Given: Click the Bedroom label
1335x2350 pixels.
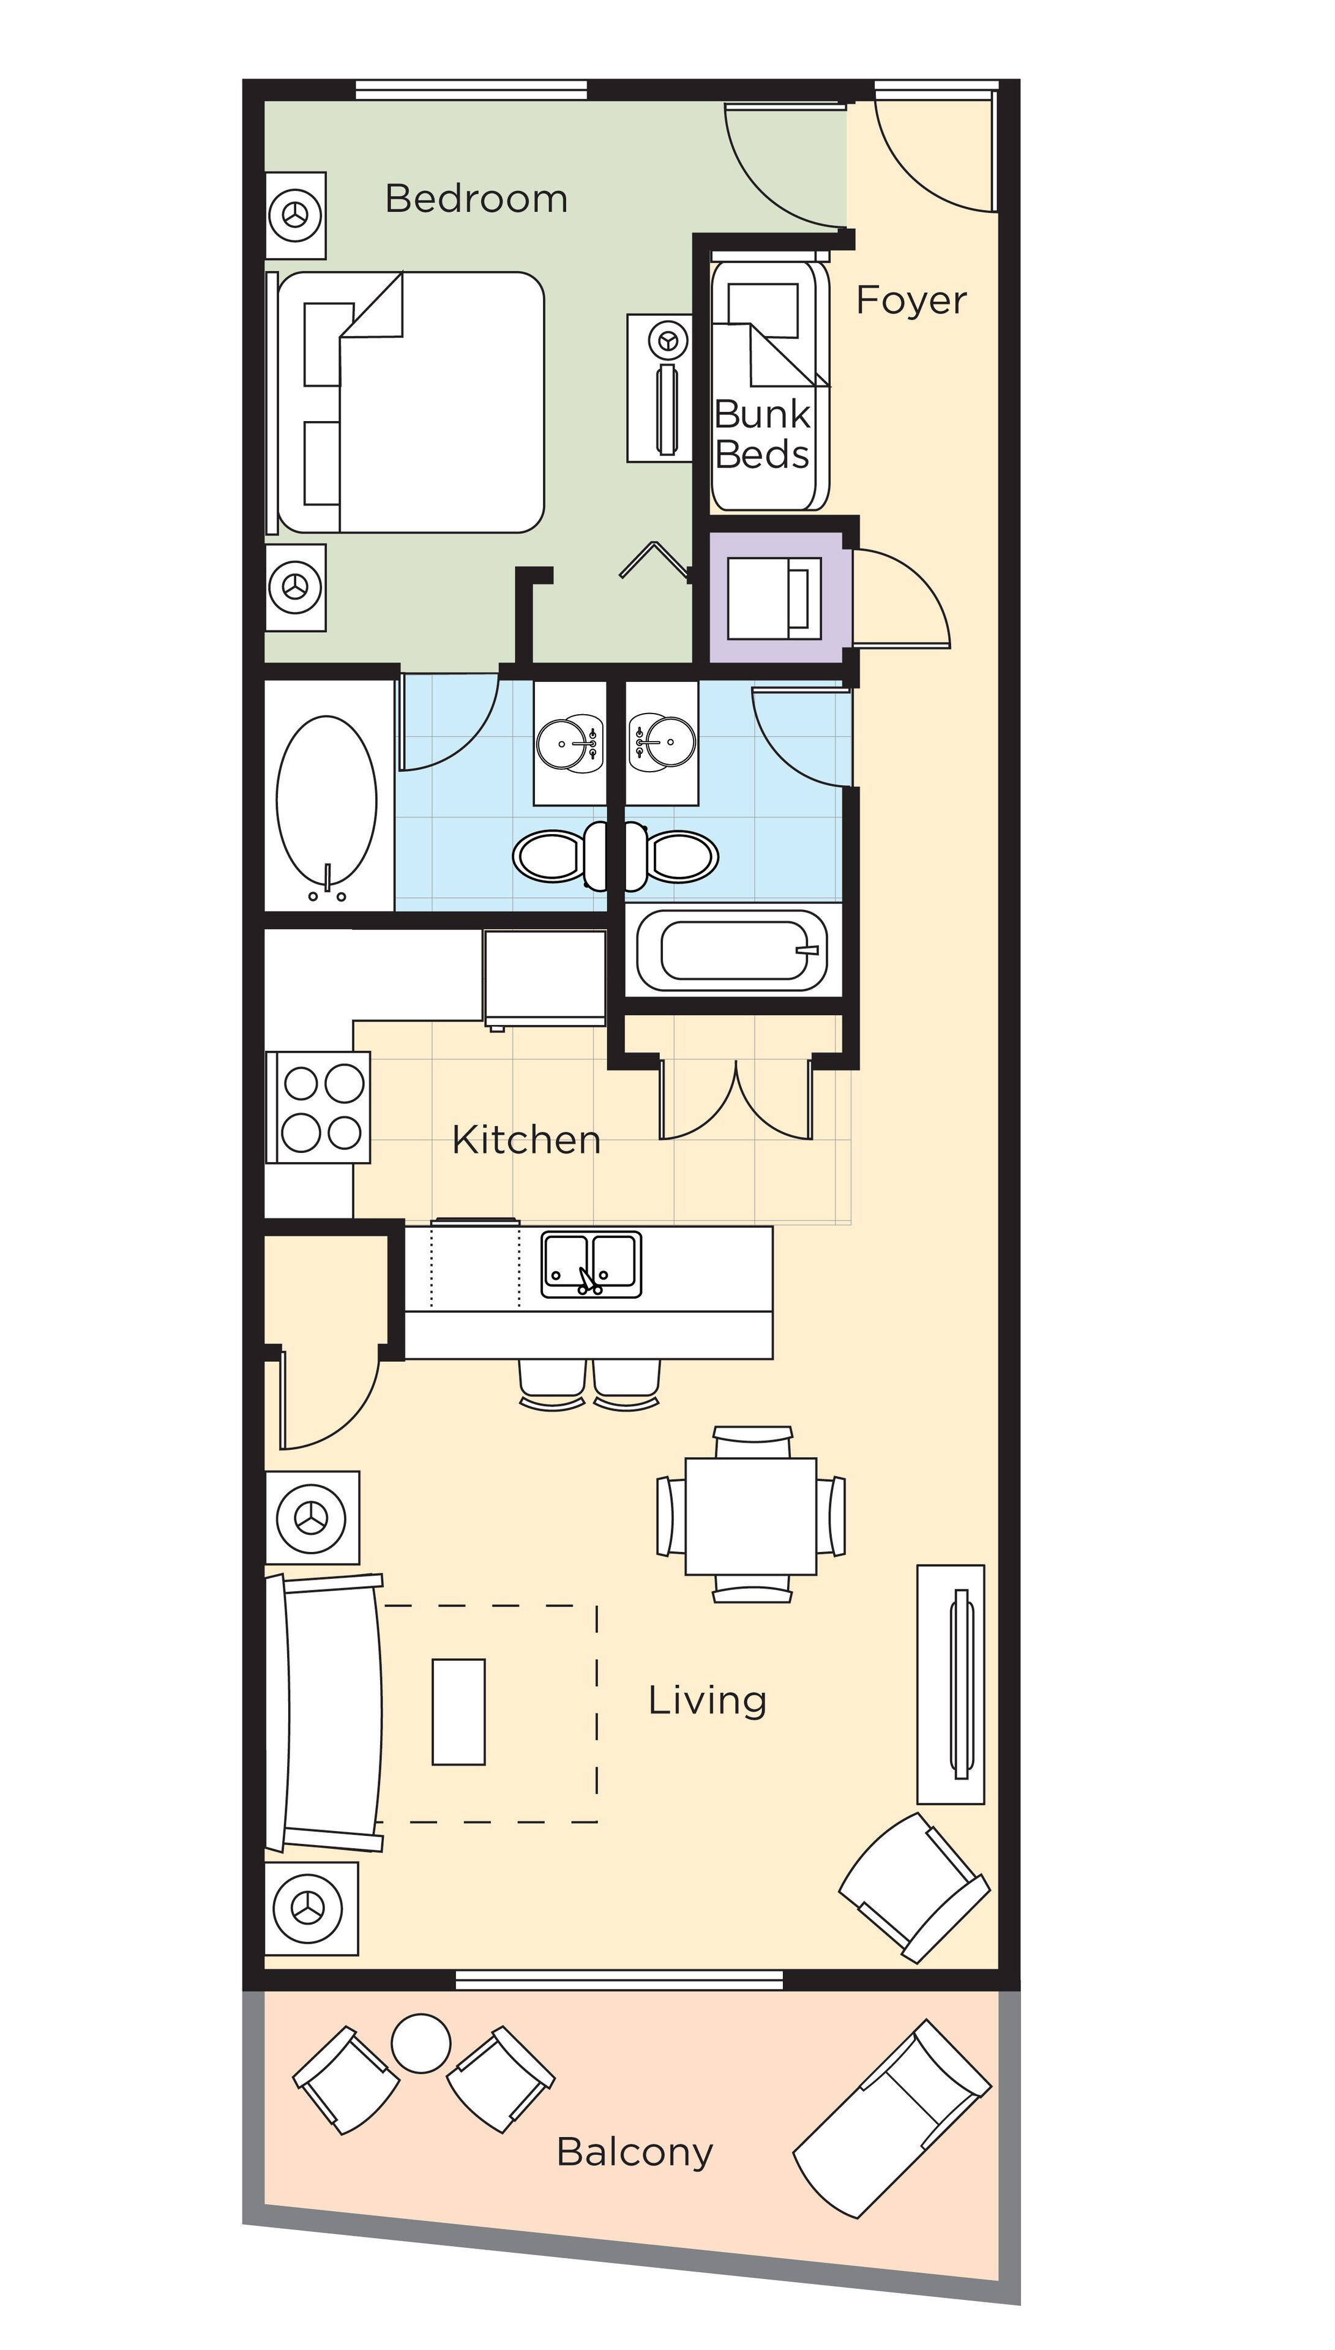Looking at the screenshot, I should pyautogui.click(x=476, y=199).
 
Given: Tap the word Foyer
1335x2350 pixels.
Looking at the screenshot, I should pyautogui.click(x=910, y=300).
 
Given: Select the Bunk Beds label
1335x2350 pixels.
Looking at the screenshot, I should pyautogui.click(x=762, y=435).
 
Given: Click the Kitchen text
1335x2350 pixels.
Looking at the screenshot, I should pyautogui.click(x=526, y=1140).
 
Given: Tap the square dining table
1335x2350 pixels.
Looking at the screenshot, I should pyautogui.click(x=751, y=1516).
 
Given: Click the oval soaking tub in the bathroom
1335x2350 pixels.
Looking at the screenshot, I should pyautogui.click(x=326, y=799).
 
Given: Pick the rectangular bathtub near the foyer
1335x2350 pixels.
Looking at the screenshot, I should pyautogui.click(x=733, y=950).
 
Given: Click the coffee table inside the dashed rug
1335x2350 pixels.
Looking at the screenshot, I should pyautogui.click(x=458, y=1711).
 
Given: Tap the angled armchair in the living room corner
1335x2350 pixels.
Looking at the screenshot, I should pyautogui.click(x=914, y=1888).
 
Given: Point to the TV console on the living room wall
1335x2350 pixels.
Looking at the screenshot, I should pyautogui.click(x=951, y=1685).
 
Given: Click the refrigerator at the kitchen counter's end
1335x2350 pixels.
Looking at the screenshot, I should pyautogui.click(x=545, y=977).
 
